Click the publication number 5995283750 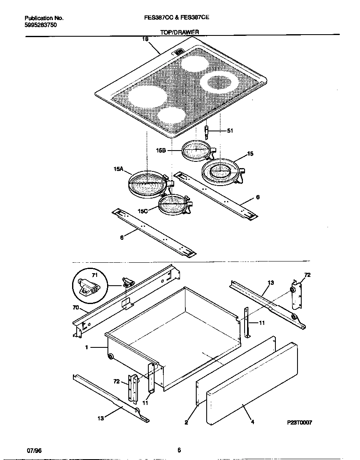(41, 25)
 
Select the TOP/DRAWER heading (180, 32)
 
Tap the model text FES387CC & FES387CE (180, 18)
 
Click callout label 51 (230, 131)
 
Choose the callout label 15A (118, 169)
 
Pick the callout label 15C (143, 211)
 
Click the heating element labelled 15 (221, 171)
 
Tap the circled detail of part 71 (89, 286)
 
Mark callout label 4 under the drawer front (252, 422)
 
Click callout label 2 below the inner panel (186, 422)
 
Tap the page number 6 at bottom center (179, 450)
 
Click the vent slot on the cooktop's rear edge (178, 52)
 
